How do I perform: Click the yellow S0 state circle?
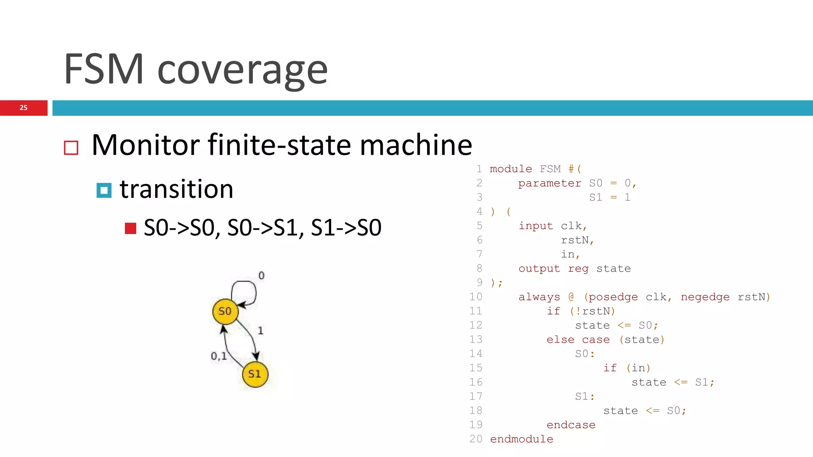point(225,311)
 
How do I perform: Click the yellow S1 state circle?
point(255,374)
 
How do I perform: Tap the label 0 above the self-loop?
point(261,275)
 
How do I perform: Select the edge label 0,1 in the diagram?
point(219,356)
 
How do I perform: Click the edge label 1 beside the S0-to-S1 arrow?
point(260,330)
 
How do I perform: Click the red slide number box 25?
point(24,108)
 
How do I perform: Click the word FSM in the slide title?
point(104,69)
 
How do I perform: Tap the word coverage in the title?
point(243,70)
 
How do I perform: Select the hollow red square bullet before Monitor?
point(71,148)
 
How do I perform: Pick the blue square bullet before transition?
point(104,190)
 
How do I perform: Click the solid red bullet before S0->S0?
point(131,228)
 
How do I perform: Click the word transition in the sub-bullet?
point(177,189)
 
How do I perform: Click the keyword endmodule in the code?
point(521,439)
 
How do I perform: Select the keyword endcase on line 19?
point(571,425)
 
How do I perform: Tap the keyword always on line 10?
point(539,297)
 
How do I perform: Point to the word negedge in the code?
point(705,297)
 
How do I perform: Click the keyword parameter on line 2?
point(549,183)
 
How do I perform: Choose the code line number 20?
point(476,439)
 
